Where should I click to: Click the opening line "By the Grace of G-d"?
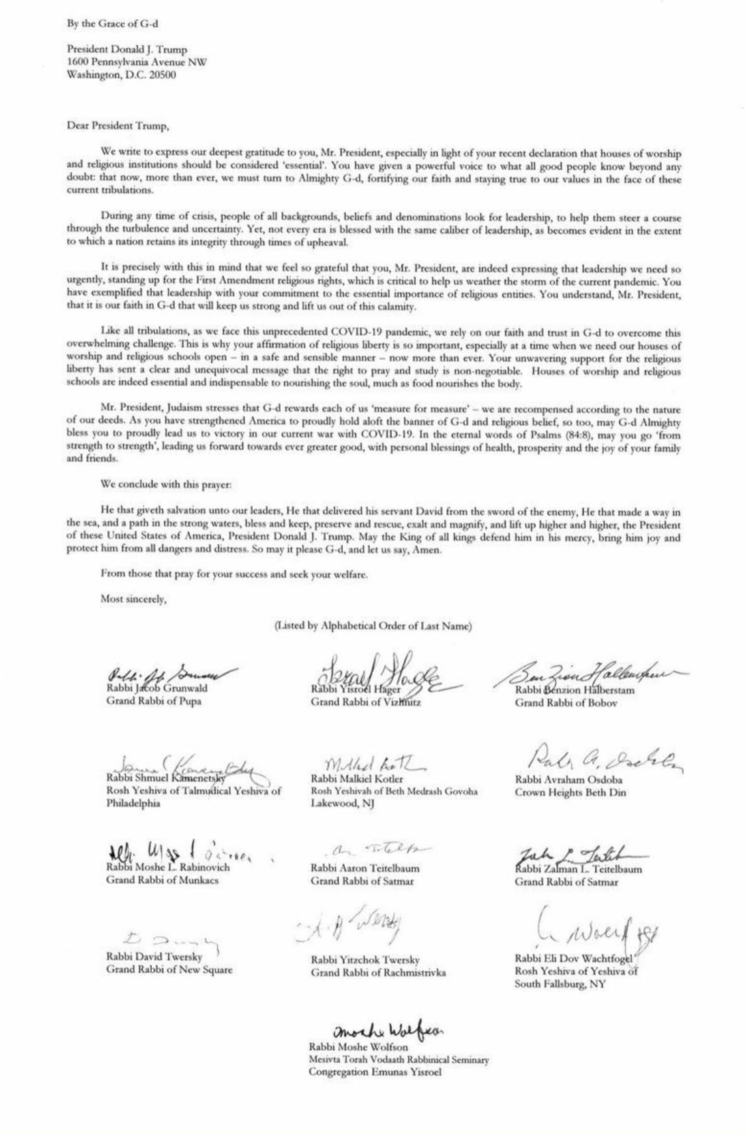pyautogui.click(x=112, y=25)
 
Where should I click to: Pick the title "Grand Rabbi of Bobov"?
pyautogui.click(x=566, y=702)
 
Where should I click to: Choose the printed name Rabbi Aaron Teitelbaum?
pyautogui.click(x=365, y=868)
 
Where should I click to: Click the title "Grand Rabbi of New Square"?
pyautogui.click(x=169, y=969)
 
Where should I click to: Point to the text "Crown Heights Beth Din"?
pyautogui.click(x=570, y=792)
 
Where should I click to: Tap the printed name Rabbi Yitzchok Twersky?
pyautogui.click(x=365, y=960)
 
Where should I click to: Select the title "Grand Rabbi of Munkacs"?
pyautogui.click(x=162, y=880)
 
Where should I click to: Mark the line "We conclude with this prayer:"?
pyautogui.click(x=166, y=484)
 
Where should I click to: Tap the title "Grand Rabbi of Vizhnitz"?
pyautogui.click(x=365, y=702)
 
